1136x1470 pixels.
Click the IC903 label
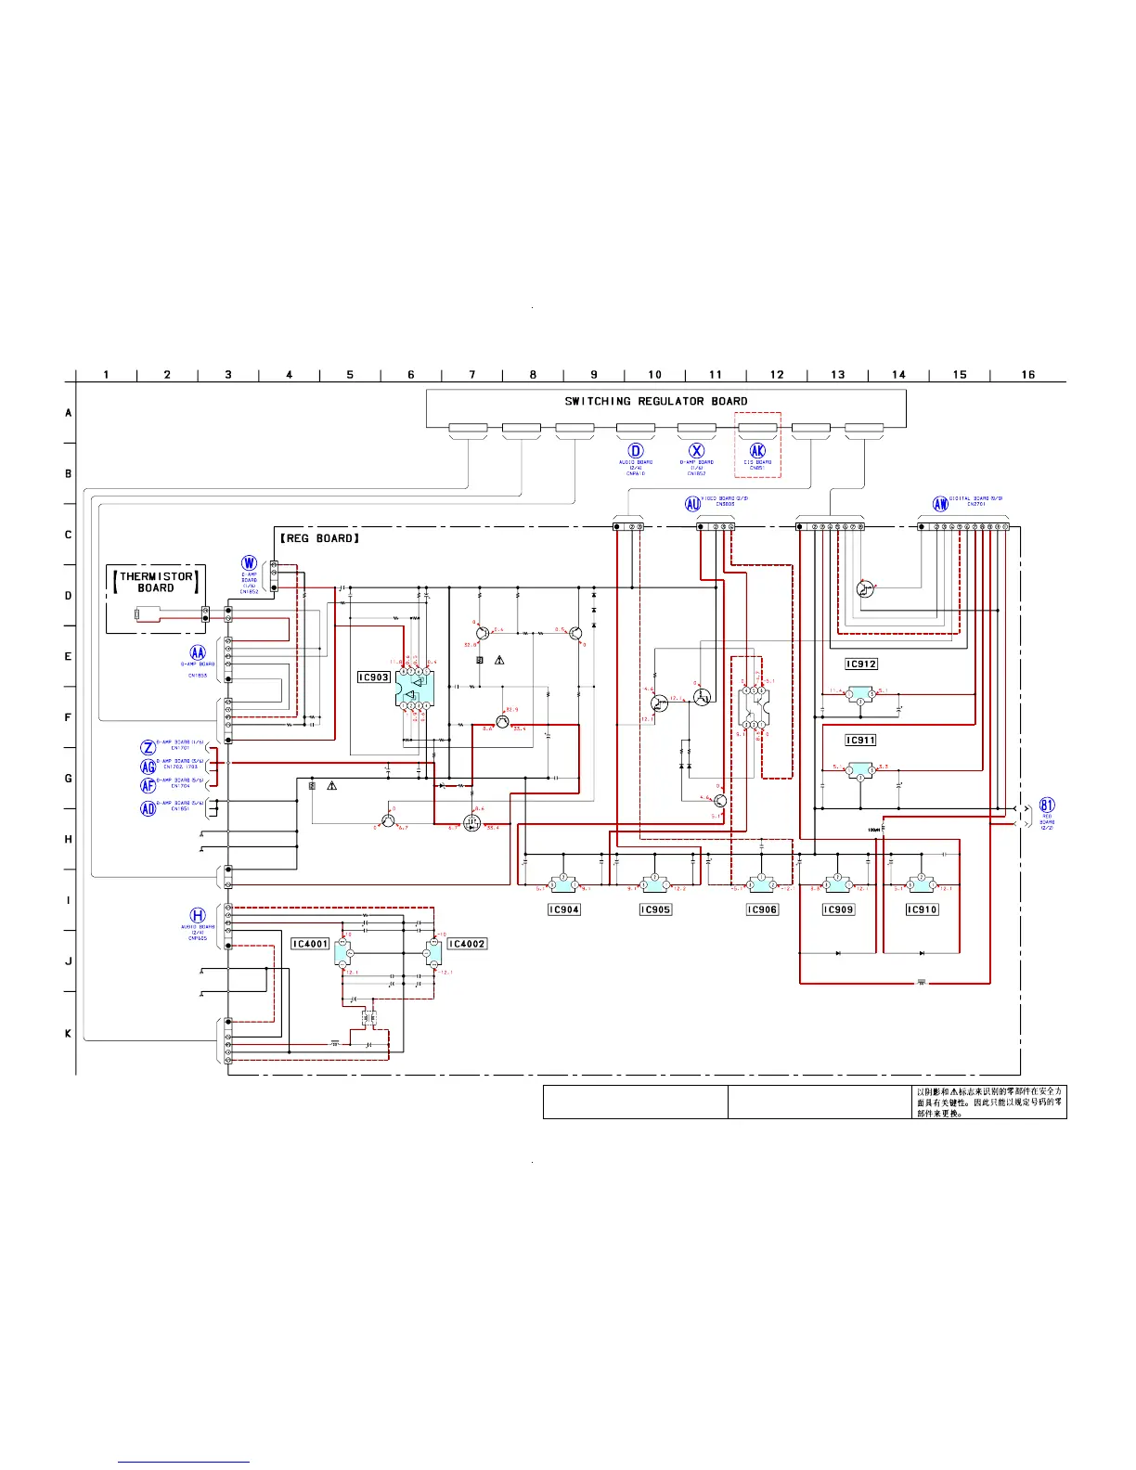374,677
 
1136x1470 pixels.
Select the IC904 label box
563,910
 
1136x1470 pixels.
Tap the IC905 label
655,910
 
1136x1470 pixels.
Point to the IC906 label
762,910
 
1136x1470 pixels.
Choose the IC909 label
838,910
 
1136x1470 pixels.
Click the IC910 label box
922,910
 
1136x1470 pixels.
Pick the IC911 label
860,741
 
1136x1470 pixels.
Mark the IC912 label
861,664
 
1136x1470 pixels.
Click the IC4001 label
310,944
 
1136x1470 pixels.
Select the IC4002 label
467,944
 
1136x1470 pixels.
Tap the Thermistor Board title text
156,582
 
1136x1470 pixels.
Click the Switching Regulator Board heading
656,402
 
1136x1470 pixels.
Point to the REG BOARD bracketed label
319,538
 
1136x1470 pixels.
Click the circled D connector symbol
636,451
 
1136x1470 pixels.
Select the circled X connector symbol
697,451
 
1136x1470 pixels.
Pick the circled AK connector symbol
757,451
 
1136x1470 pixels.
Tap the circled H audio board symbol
198,916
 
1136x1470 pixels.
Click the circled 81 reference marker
1047,806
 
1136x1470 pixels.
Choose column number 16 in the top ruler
1028,375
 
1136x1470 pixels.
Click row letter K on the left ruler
68,1033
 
